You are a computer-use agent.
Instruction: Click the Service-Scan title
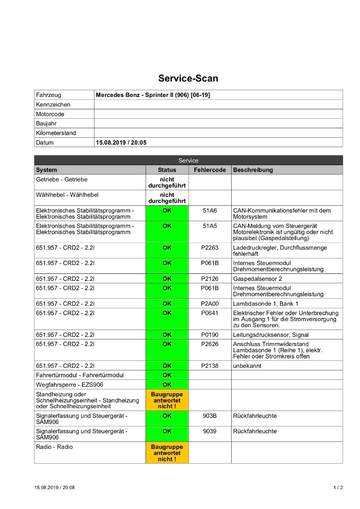(188, 79)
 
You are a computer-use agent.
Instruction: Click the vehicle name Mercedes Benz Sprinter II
(153, 94)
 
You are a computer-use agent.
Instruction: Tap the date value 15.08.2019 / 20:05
(121, 143)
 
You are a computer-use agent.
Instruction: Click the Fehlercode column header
(210, 170)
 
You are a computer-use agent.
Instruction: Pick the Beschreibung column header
(253, 170)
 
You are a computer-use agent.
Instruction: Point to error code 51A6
(210, 211)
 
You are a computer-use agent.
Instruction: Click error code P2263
(210, 248)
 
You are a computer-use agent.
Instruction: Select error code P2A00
(210, 304)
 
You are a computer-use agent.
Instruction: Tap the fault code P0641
(210, 313)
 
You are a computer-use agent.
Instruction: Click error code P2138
(210, 366)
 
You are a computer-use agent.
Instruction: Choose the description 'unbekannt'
(248, 366)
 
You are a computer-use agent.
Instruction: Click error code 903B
(210, 416)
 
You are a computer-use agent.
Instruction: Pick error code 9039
(210, 431)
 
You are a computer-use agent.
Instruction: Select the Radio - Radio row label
(54, 447)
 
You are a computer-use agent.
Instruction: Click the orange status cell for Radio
(167, 453)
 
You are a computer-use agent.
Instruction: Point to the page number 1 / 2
(338, 488)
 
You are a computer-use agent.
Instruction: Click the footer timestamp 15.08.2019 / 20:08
(55, 488)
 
